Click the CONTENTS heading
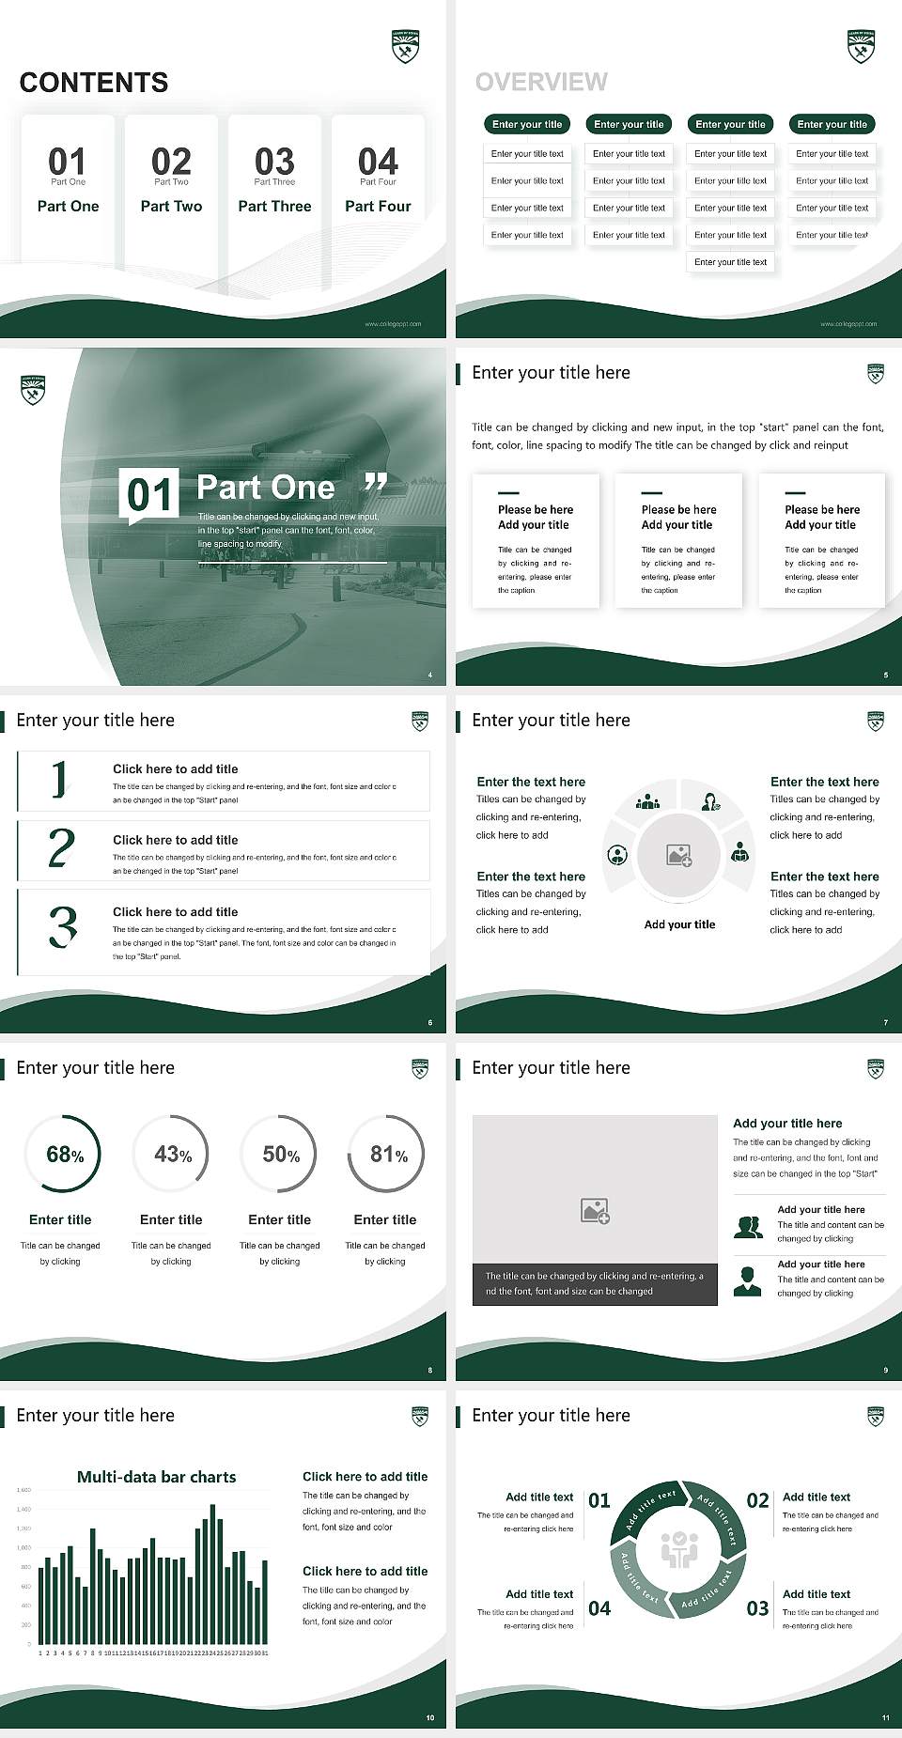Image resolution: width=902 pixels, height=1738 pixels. (x=94, y=83)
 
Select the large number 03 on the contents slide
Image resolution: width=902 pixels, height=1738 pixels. (x=274, y=162)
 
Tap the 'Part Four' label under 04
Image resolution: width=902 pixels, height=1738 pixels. (x=378, y=207)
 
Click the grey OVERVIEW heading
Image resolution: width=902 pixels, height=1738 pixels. (x=541, y=83)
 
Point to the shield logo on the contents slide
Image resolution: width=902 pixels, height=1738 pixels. (x=405, y=46)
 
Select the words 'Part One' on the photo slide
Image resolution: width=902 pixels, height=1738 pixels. (x=266, y=488)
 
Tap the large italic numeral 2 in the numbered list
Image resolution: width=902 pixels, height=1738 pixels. (x=61, y=848)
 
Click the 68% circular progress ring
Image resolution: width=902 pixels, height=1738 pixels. (x=64, y=1154)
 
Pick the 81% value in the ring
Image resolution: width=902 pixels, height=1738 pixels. (x=388, y=1155)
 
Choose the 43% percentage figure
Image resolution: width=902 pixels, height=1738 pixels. (x=172, y=1155)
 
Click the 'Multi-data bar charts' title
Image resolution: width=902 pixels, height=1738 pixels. (x=157, y=1477)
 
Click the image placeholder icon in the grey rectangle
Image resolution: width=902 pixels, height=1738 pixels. (x=595, y=1211)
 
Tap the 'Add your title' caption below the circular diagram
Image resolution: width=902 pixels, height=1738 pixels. (x=679, y=924)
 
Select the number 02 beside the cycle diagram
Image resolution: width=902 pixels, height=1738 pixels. (x=757, y=1500)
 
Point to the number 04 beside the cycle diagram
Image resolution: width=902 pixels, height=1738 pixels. (x=599, y=1609)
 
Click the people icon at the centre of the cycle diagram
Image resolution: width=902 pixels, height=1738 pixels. (x=678, y=1550)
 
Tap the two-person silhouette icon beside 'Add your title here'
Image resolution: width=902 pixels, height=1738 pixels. (x=748, y=1227)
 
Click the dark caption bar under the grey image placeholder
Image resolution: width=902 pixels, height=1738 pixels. (x=595, y=1284)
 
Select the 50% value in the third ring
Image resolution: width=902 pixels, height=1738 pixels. (x=280, y=1155)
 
